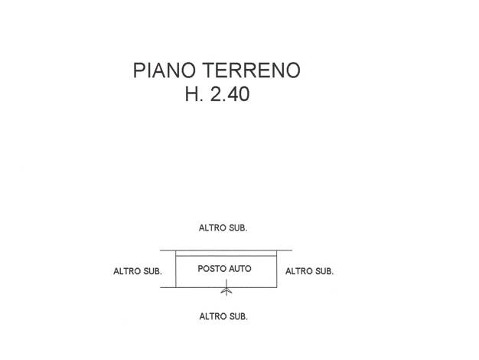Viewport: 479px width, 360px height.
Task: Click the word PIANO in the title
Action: (x=165, y=70)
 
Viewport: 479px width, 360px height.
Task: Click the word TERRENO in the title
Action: (x=252, y=70)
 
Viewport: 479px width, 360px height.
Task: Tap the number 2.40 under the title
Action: (x=230, y=94)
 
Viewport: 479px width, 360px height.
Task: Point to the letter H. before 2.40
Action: (x=194, y=94)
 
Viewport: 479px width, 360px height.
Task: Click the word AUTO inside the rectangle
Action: (x=240, y=269)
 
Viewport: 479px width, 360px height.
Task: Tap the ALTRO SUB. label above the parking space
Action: (x=223, y=227)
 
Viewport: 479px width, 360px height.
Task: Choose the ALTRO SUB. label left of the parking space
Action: (x=138, y=271)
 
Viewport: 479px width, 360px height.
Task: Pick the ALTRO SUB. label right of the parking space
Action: (x=309, y=271)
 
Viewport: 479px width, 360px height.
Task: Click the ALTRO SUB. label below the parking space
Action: (x=223, y=316)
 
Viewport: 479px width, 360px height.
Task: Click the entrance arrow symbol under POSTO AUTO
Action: (x=226, y=287)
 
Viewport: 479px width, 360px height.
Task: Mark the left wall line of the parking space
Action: (x=176, y=269)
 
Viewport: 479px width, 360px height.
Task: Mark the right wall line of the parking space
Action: (x=277, y=269)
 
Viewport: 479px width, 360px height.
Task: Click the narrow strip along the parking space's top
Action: (x=226, y=254)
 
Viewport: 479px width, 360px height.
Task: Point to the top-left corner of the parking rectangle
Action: (x=176, y=250)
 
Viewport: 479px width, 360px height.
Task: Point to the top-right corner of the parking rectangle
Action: (x=277, y=250)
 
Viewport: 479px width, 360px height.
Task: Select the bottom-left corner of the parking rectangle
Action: (x=176, y=287)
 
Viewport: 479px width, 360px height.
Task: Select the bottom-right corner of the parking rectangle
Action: (x=277, y=287)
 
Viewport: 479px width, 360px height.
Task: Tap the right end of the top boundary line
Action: (x=292, y=250)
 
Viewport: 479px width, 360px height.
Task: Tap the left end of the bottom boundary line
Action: (x=161, y=287)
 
